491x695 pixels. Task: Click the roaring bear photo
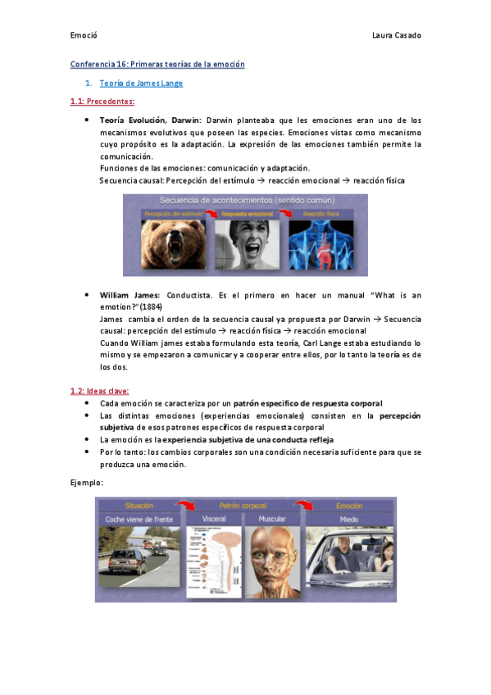172,246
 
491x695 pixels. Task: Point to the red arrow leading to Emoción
305,506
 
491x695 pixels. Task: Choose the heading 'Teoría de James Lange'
141,84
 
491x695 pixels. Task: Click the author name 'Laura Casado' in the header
396,35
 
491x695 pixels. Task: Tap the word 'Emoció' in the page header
84,35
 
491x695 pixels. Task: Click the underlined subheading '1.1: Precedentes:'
102,102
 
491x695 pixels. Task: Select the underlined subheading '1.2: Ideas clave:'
99,391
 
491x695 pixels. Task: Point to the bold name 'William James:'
130,294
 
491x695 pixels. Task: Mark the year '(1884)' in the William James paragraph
150,307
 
